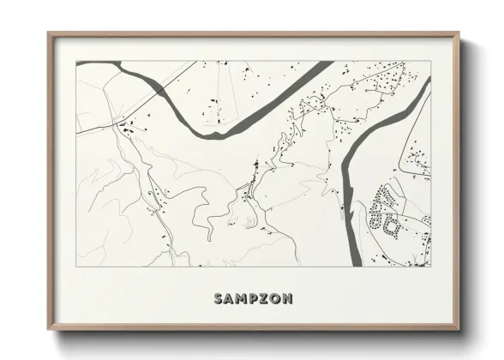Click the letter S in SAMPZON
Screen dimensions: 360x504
click(219, 299)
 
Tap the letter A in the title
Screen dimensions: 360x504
click(231, 299)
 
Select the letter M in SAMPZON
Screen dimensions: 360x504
click(243, 299)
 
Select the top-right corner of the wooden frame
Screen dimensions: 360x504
click(459, 33)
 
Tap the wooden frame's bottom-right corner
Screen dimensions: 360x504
click(459, 329)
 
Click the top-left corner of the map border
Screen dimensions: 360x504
click(76, 61)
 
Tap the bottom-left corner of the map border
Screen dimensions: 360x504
click(76, 266)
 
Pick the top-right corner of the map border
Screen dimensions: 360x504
click(431, 61)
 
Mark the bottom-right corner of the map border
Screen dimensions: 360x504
click(431, 266)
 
